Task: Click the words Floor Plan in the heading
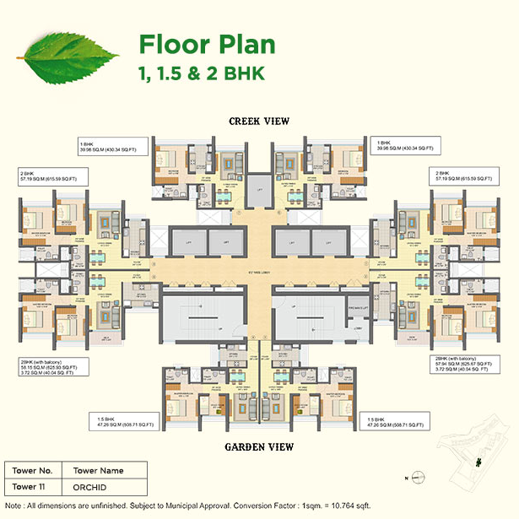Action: click(206, 44)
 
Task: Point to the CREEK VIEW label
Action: click(259, 122)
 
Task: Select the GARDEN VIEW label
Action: click(259, 446)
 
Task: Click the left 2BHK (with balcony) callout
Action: click(51, 368)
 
